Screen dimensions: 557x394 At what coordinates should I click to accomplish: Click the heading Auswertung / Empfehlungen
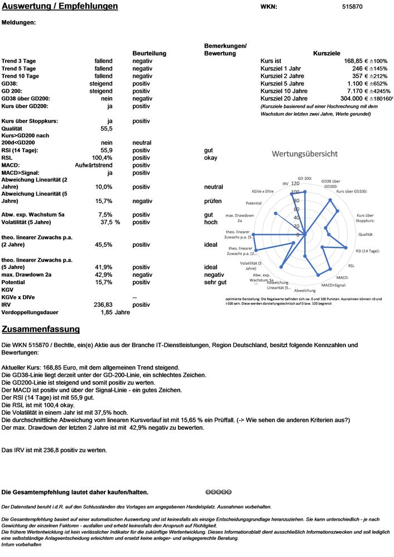(x=60, y=7)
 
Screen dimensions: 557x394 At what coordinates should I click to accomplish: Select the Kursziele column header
(x=327, y=53)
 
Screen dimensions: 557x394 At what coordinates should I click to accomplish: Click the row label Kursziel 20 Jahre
(x=284, y=98)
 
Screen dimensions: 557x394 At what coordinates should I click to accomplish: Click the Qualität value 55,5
(x=107, y=128)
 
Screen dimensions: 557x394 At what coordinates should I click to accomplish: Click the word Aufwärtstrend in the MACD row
(x=94, y=165)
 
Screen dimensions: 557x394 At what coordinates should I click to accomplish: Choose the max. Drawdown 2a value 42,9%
(x=104, y=275)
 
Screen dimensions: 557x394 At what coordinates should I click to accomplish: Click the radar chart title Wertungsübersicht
(x=304, y=153)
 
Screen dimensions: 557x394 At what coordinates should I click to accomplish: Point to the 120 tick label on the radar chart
(x=295, y=184)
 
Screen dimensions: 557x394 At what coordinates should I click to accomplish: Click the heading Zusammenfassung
(x=41, y=329)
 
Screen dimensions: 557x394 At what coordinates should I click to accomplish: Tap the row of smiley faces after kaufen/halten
(x=218, y=492)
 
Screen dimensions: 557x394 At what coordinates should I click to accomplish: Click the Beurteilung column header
(x=149, y=53)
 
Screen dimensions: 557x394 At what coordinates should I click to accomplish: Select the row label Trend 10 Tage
(x=20, y=76)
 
